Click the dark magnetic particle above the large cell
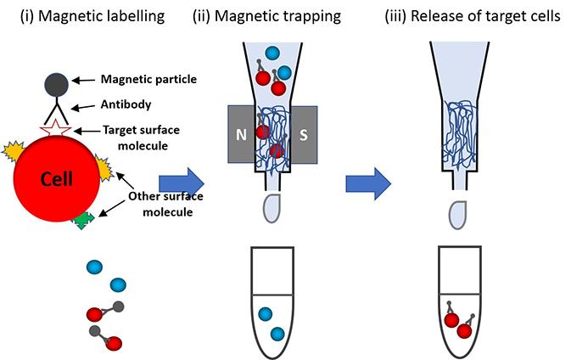tap(58, 82)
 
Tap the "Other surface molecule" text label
tap(162, 204)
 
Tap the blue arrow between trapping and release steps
tap(370, 180)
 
